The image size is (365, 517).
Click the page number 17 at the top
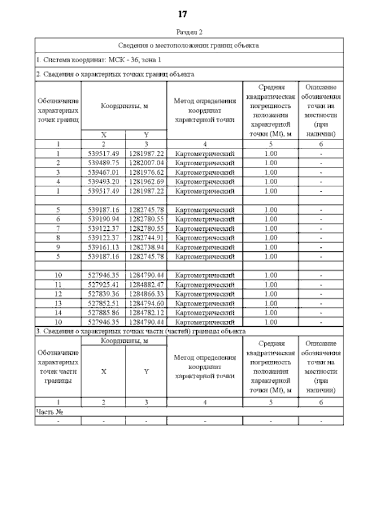pos(182,14)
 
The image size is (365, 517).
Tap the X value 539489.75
pos(104,162)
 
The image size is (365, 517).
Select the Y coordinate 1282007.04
pos(146,162)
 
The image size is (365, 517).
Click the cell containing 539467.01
pos(104,171)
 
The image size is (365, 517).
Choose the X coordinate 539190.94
pos(104,219)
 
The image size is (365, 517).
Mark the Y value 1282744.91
pos(146,237)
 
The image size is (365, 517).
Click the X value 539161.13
pos(104,246)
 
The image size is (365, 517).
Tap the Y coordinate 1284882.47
pos(146,284)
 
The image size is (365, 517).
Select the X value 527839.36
pos(104,294)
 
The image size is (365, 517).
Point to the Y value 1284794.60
pos(146,303)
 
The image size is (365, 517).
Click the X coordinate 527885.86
pos(104,312)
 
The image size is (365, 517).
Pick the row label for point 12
pos(58,294)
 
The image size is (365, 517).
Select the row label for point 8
pos(58,237)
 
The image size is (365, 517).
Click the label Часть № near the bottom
pos(49,411)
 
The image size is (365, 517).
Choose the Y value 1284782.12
pos(146,312)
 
